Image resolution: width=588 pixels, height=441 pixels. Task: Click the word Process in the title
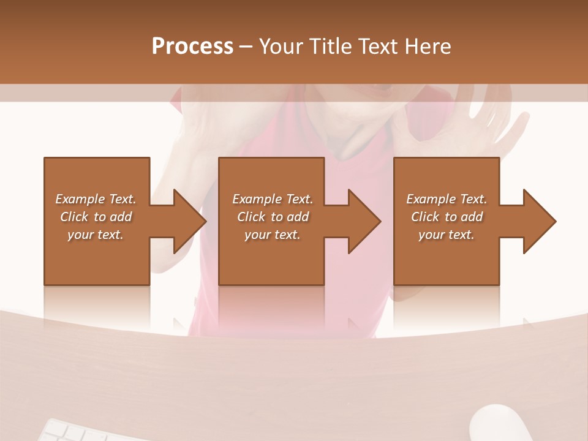(192, 47)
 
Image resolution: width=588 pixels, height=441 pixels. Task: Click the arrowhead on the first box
(189, 221)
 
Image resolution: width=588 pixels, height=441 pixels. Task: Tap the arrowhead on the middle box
(364, 221)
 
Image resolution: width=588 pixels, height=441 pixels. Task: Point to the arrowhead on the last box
(539, 221)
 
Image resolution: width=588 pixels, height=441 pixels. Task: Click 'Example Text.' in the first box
(96, 199)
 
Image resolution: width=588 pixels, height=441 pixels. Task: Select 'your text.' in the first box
(96, 235)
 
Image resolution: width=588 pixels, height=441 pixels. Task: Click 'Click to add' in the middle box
(273, 217)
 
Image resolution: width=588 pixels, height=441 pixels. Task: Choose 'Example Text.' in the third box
(447, 199)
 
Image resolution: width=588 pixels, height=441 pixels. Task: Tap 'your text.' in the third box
(447, 235)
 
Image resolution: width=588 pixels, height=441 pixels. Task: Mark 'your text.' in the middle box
(273, 235)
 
